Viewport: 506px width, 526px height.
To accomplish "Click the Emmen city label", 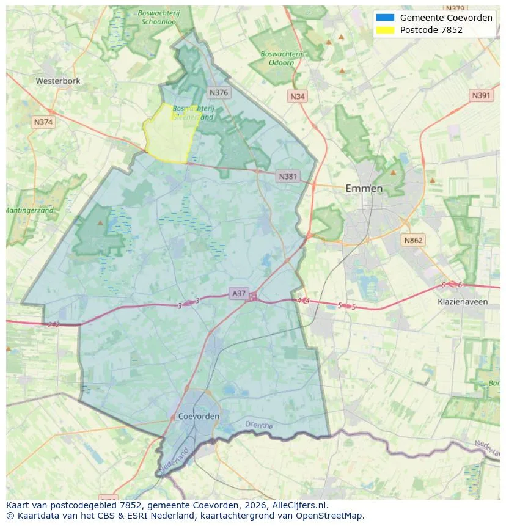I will (x=364, y=188).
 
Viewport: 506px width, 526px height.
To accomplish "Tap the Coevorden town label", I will (x=199, y=416).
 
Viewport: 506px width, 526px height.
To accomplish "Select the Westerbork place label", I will (x=58, y=81).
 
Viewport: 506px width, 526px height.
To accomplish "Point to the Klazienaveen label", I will (x=463, y=302).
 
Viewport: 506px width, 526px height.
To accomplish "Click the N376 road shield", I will (x=218, y=92).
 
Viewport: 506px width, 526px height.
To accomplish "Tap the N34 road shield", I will (x=298, y=97).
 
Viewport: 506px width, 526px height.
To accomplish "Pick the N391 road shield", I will (x=482, y=95).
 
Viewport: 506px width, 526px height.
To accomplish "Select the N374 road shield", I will (x=43, y=122).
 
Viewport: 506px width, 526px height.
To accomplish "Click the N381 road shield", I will (x=288, y=177).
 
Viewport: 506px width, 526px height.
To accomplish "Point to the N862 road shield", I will (x=413, y=240).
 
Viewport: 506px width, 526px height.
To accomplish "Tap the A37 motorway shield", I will (x=239, y=293).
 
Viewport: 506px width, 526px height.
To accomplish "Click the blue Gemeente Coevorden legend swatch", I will (x=386, y=18).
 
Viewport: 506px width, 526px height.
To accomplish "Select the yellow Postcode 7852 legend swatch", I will (x=386, y=30).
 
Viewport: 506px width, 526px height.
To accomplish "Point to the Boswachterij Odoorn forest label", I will (x=281, y=58).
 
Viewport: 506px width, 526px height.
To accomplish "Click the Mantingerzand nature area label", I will (x=29, y=210).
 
